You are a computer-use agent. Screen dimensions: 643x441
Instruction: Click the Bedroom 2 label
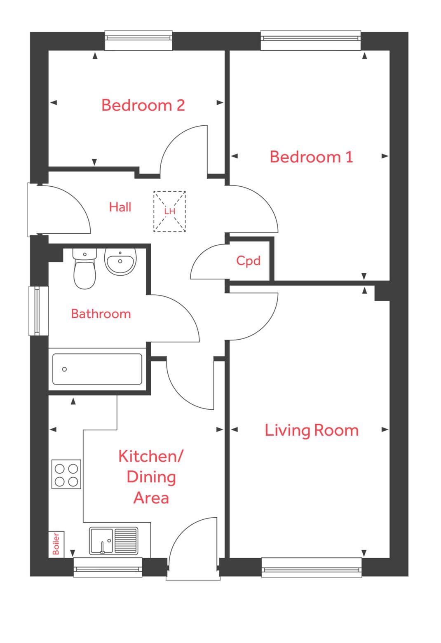tap(143, 106)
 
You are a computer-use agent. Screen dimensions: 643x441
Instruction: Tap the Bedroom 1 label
tap(311, 157)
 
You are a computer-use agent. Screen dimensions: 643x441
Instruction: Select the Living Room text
tap(311, 430)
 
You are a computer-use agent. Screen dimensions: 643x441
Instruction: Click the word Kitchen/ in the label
tap(150, 456)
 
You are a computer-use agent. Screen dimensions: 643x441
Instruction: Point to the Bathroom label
tap(101, 314)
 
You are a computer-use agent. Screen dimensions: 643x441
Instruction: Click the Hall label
tap(120, 207)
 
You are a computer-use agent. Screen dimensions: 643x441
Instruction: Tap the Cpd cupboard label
tap(248, 260)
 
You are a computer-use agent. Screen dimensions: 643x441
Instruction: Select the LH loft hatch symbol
tap(169, 211)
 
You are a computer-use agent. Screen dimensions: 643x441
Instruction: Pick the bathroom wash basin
tap(120, 261)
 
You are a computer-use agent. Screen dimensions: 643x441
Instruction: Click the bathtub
tap(97, 369)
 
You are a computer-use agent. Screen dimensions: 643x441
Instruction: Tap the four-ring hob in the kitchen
tap(66, 474)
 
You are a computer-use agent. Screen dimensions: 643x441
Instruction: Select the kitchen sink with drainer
tap(113, 541)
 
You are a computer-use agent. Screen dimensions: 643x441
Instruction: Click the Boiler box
tap(56, 544)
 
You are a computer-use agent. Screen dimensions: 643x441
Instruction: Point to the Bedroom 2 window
tap(138, 40)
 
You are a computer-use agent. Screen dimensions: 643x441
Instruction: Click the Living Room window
tap(311, 568)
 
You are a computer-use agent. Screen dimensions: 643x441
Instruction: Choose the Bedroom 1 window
tap(311, 40)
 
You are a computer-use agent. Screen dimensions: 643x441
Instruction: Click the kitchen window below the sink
tap(108, 567)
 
